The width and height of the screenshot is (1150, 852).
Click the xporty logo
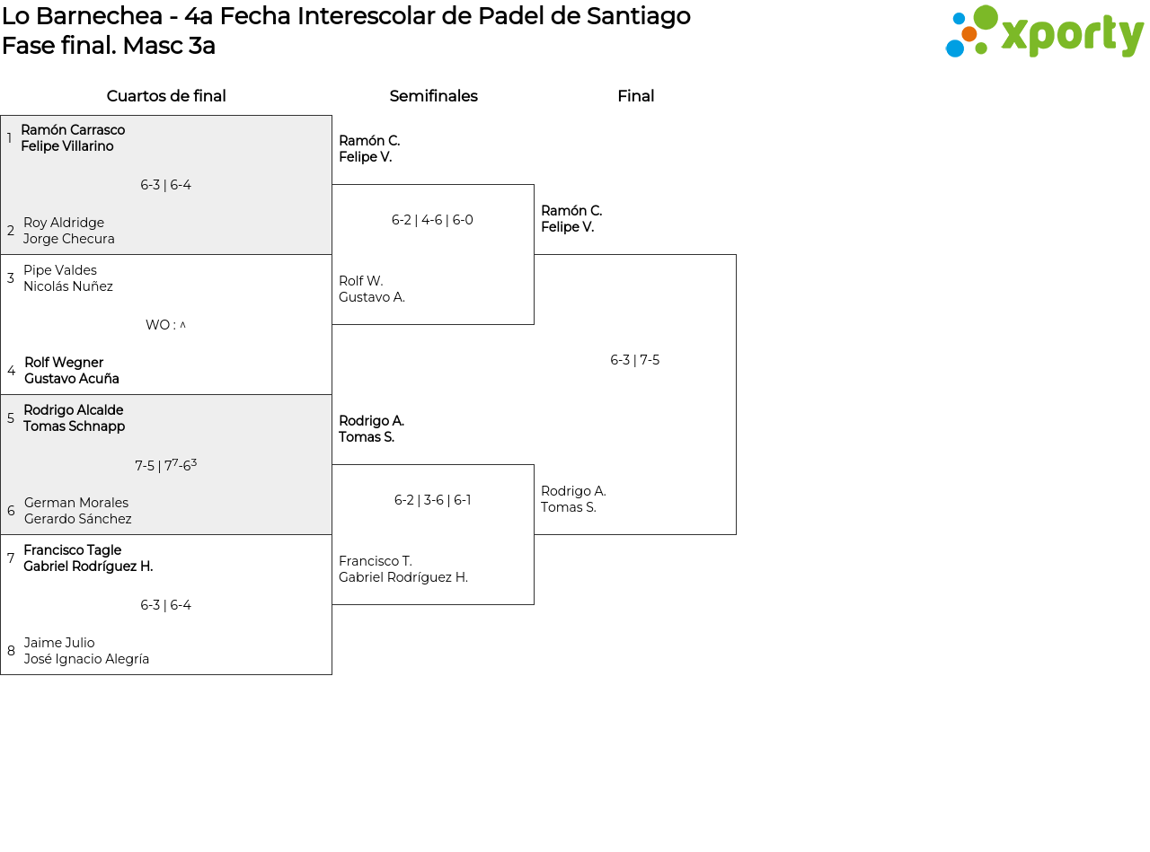tap(1044, 31)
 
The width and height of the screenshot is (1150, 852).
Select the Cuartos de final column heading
tap(166, 96)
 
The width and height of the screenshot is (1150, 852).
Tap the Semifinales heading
tap(433, 96)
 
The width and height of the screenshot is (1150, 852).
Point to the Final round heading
tap(636, 96)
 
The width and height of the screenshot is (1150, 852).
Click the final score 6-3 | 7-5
tap(634, 360)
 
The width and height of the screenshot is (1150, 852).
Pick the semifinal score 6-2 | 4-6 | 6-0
tap(432, 220)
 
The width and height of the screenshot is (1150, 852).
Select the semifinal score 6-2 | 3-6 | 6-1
tap(432, 499)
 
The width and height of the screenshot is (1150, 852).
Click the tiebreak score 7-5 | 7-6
tap(166, 464)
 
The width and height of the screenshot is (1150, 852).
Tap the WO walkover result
tap(165, 324)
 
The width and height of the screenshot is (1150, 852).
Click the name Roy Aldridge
tap(64, 223)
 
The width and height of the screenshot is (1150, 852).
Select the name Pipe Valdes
tap(60, 270)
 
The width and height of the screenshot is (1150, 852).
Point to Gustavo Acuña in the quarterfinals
tap(72, 378)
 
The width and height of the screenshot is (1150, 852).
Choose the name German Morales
tap(76, 502)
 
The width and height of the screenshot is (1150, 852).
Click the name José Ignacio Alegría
tap(86, 659)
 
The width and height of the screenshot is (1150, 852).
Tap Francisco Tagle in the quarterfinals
tap(73, 549)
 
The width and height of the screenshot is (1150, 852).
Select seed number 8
tap(11, 650)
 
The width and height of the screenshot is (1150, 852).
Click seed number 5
tap(11, 417)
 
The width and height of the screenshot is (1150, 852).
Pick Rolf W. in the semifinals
tap(361, 280)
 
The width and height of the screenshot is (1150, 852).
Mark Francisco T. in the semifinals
tap(376, 561)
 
